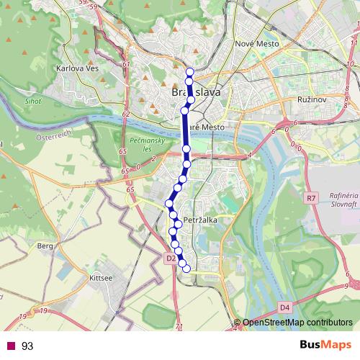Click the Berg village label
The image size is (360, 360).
point(45,246)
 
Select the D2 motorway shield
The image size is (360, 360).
point(171,258)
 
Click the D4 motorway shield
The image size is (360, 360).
point(284,307)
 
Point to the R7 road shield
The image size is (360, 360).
point(311,197)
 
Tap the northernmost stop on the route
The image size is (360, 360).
point(190,71)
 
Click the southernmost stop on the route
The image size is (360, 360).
point(186,269)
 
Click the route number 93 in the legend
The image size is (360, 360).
point(27,346)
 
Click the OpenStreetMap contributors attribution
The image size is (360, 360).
point(297,322)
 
